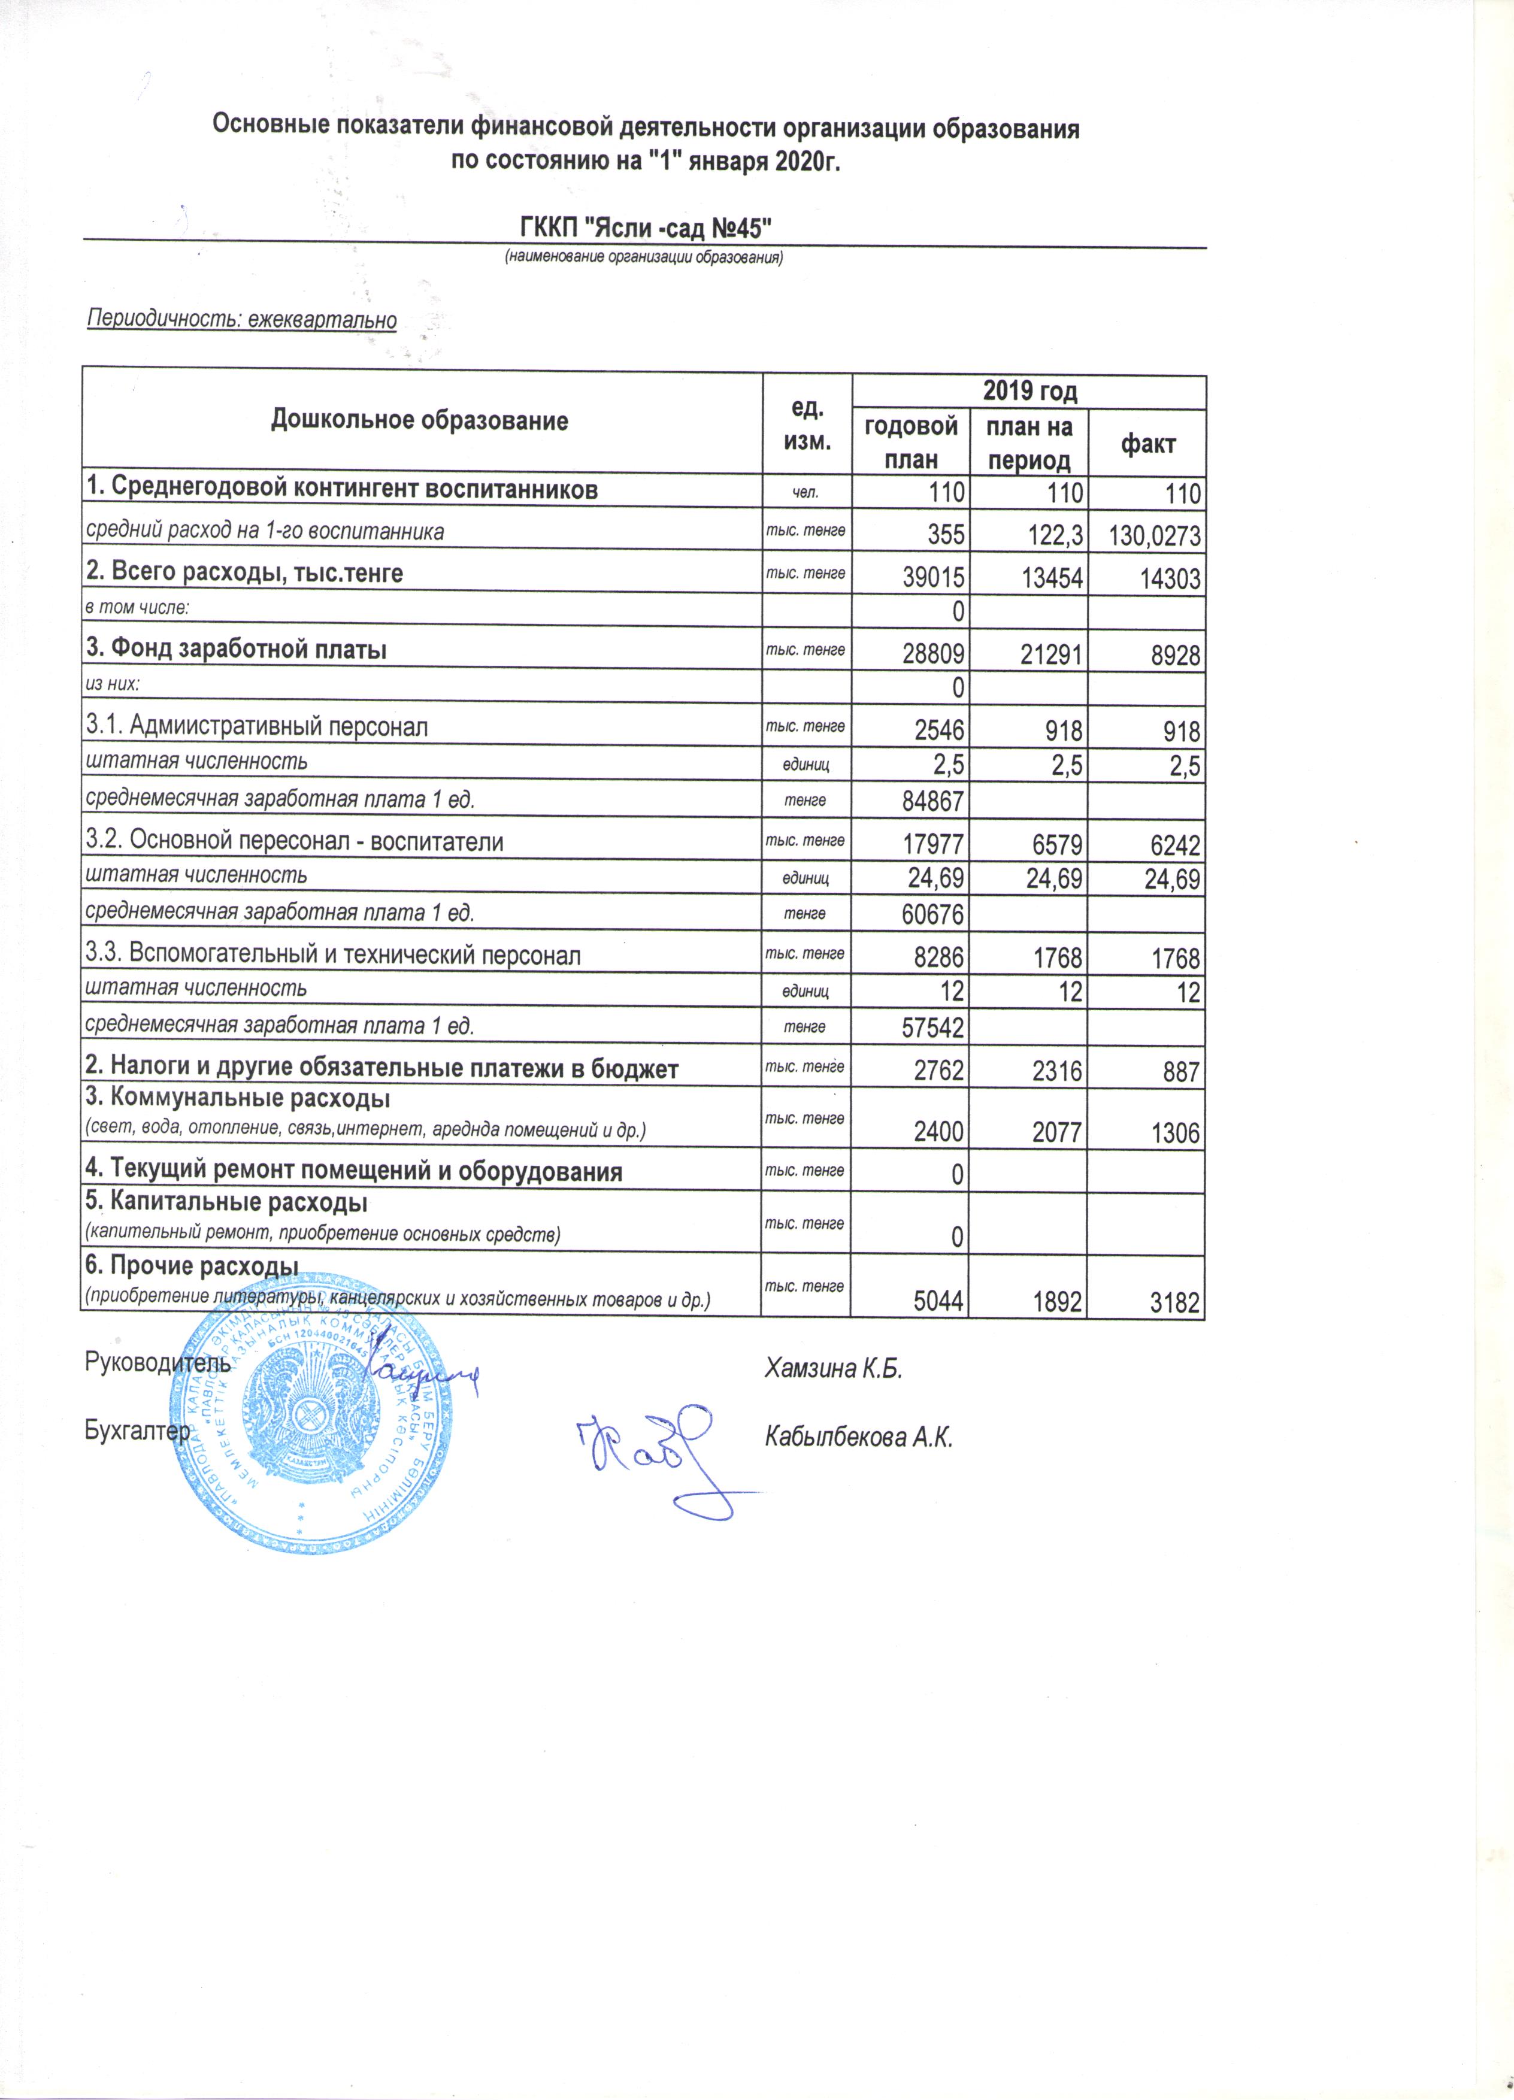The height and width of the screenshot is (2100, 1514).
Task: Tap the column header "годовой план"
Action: (x=910, y=443)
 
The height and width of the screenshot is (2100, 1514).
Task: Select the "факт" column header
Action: (x=1147, y=444)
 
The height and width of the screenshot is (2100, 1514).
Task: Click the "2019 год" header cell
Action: (x=1029, y=392)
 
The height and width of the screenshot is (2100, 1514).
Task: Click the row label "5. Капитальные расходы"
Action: (x=227, y=1203)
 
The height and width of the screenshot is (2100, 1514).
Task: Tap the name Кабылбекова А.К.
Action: (x=858, y=1437)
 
